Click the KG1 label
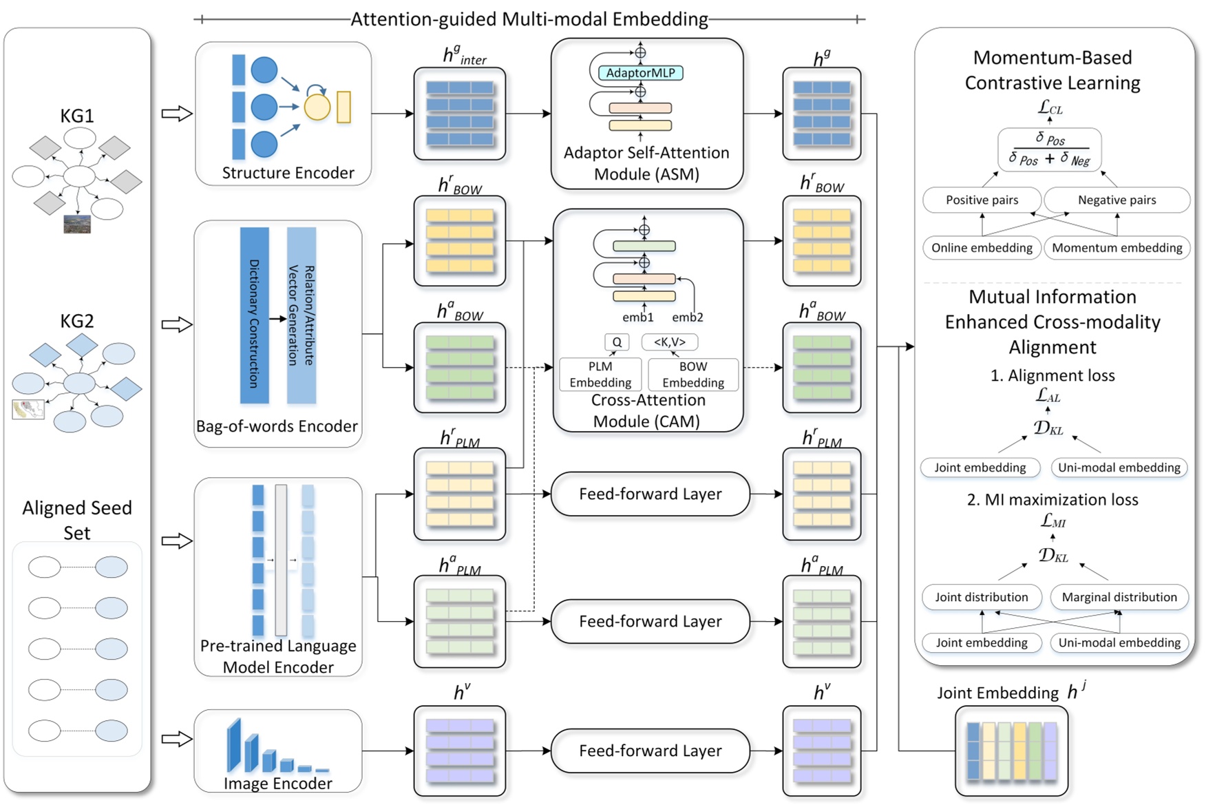[76, 116]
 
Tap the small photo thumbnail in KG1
[76, 224]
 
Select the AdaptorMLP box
[640, 73]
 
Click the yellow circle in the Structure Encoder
[317, 107]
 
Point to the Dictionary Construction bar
[254, 315]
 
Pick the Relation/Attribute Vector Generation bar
[301, 315]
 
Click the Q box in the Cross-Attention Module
[617, 342]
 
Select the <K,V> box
[669, 342]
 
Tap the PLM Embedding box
[600, 375]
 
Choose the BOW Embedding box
[693, 375]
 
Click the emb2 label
[688, 317]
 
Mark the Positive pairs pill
[982, 200]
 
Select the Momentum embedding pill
[1117, 248]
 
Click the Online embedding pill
[982, 248]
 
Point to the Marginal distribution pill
[1119, 597]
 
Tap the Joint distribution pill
[982, 597]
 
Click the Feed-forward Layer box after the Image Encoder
[650, 751]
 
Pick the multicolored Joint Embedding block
[1011, 751]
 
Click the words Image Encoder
[277, 784]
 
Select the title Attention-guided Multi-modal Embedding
[529, 19]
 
